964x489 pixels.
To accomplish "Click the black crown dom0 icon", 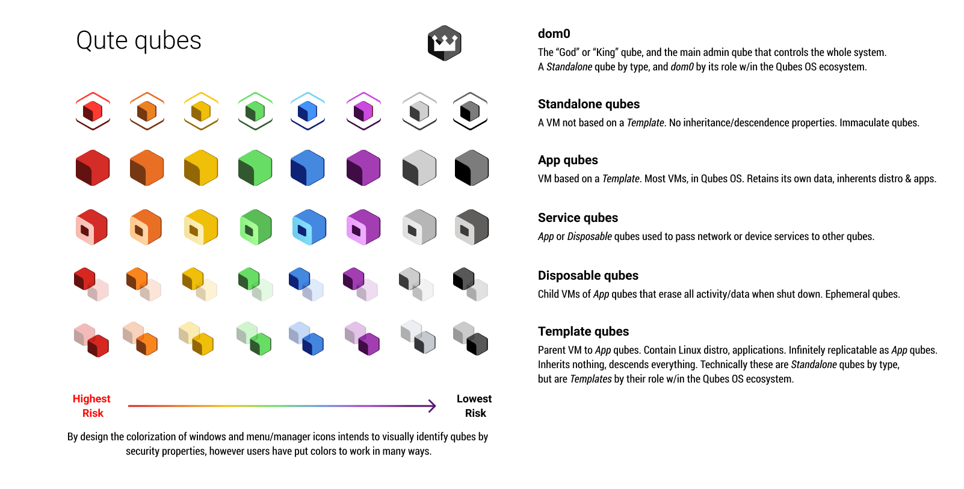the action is pyautogui.click(x=445, y=43).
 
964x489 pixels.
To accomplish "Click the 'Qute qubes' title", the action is pyautogui.click(x=138, y=41).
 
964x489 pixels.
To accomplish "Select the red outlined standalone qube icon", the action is pyautogui.click(x=93, y=111).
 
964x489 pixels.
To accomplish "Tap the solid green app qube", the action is pyautogui.click(x=255, y=168).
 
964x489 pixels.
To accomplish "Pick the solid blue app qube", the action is pyautogui.click(x=307, y=168).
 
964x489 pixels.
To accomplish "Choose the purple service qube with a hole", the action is pyautogui.click(x=363, y=227).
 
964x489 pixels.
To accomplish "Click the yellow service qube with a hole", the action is pyautogui.click(x=201, y=227).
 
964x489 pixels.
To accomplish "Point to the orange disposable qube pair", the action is pyautogui.click(x=144, y=284).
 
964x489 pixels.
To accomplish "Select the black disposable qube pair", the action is pyautogui.click(x=471, y=284).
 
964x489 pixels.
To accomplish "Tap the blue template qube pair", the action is pyautogui.click(x=306, y=339).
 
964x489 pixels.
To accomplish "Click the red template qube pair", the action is pyautogui.click(x=91, y=340).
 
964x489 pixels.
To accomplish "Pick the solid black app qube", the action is pyautogui.click(x=472, y=168).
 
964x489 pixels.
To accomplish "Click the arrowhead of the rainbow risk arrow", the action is pyautogui.click(x=432, y=405).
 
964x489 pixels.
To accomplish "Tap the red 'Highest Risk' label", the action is pyautogui.click(x=91, y=405).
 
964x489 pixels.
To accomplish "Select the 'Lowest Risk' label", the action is pyautogui.click(x=474, y=405).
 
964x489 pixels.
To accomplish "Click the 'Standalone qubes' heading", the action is pyautogui.click(x=589, y=104).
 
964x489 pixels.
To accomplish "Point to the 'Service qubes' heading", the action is pyautogui.click(x=578, y=218).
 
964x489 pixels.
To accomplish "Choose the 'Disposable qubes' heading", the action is pyautogui.click(x=589, y=275).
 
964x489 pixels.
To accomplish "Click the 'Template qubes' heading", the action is pyautogui.click(x=584, y=331).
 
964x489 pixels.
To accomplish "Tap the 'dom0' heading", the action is pyautogui.click(x=554, y=34).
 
